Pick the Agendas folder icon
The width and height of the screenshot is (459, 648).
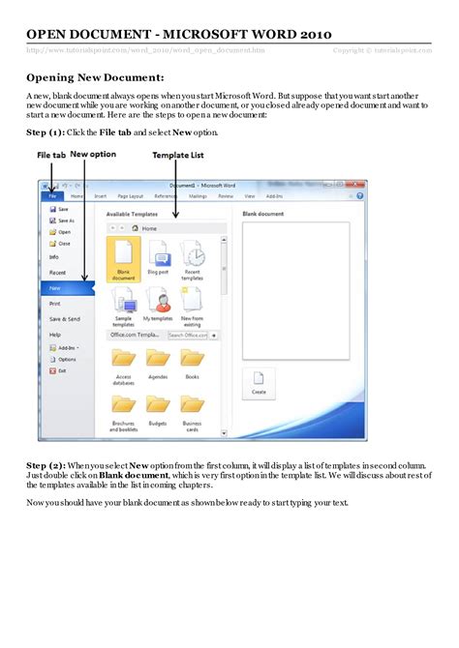pyautogui.click(x=158, y=359)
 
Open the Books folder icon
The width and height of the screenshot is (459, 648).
pyautogui.click(x=193, y=359)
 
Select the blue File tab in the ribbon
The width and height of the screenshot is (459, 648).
pyautogui.click(x=51, y=195)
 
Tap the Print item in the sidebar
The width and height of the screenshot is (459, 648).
pyautogui.click(x=55, y=304)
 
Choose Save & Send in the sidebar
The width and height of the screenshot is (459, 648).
pyautogui.click(x=64, y=319)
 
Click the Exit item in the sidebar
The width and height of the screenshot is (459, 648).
pyautogui.click(x=62, y=370)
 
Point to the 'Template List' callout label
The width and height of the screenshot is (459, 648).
pyautogui.click(x=177, y=155)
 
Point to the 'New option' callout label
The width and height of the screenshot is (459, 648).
pyautogui.click(x=91, y=155)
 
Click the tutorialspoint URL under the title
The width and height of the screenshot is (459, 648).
pyautogui.click(x=145, y=50)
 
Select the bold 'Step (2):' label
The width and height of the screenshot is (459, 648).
pyautogui.click(x=46, y=465)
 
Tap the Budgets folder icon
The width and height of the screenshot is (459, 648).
pyautogui.click(x=158, y=404)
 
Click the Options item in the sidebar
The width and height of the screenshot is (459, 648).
pyautogui.click(x=66, y=359)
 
